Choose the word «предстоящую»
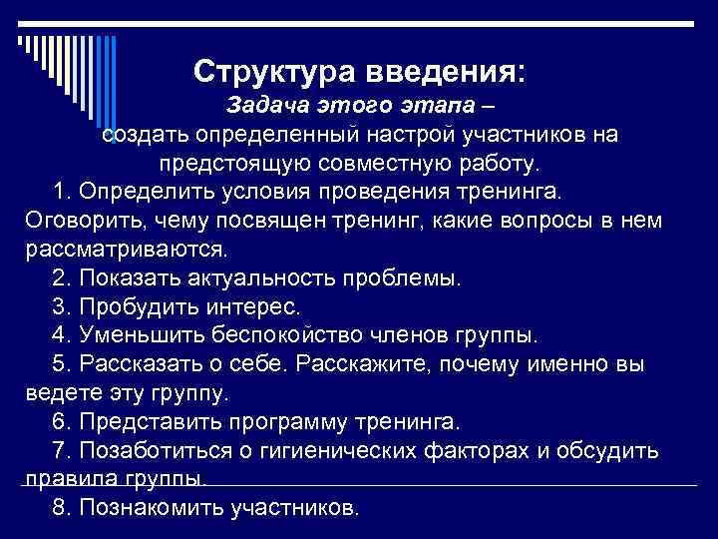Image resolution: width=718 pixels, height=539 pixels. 237,163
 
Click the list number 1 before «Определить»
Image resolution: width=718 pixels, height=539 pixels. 59,191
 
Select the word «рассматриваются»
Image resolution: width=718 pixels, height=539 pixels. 123,247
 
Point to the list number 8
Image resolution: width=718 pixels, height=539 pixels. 59,508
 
